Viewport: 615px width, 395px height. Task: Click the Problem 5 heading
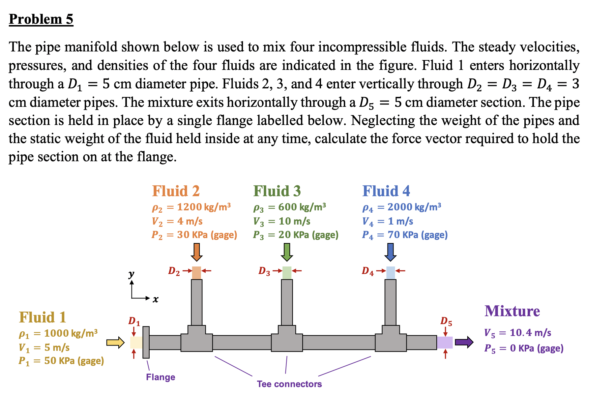pos(41,19)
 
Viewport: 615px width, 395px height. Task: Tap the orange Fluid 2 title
pos(176,191)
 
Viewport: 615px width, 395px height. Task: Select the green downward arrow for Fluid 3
pos(287,252)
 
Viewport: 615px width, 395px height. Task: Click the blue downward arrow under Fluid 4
pos(390,252)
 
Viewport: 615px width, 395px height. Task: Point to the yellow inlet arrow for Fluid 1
pos(115,343)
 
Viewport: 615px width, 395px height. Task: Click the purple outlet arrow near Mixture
pos(464,342)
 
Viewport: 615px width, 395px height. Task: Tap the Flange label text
pos(161,377)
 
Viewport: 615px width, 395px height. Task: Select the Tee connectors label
pos(289,384)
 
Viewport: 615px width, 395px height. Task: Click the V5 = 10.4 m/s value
pos(517,333)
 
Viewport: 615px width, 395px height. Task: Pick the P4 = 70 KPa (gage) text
pos(405,235)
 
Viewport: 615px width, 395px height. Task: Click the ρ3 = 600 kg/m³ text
pos(289,207)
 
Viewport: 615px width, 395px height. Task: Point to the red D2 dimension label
pos(174,271)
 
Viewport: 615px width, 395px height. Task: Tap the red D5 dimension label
pos(446,321)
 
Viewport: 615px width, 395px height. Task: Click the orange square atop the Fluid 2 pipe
pos(196,273)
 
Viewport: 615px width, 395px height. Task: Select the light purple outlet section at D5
pos(445,343)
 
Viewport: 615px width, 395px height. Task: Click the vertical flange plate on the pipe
pos(146,342)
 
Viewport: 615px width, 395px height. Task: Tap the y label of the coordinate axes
pos(132,274)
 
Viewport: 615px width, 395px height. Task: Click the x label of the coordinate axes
pos(155,299)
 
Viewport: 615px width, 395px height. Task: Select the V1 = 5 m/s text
pos(44,348)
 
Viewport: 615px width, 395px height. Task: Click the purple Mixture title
pos(512,311)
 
